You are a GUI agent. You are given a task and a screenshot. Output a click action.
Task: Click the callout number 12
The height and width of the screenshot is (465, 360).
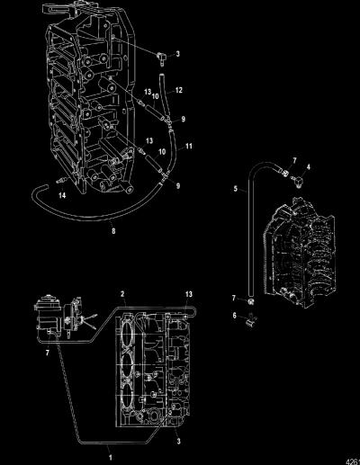click(178, 90)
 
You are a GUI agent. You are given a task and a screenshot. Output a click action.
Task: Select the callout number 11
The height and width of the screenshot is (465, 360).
click(189, 147)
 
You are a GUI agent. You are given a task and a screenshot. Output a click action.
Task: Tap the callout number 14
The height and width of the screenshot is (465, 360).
click(62, 195)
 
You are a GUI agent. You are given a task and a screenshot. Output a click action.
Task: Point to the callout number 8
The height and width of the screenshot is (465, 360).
click(113, 231)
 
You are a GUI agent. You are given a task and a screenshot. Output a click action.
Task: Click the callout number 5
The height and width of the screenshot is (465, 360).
click(236, 189)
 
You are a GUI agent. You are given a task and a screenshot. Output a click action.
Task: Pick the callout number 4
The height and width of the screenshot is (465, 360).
click(308, 167)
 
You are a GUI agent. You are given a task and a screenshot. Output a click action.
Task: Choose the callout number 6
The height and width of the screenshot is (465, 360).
click(235, 316)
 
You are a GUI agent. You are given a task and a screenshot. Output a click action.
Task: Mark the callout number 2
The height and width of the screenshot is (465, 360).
click(122, 294)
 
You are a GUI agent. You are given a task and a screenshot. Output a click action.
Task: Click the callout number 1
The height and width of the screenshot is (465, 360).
click(111, 458)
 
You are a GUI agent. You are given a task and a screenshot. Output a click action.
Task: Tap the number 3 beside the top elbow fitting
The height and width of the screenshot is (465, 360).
click(178, 54)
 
